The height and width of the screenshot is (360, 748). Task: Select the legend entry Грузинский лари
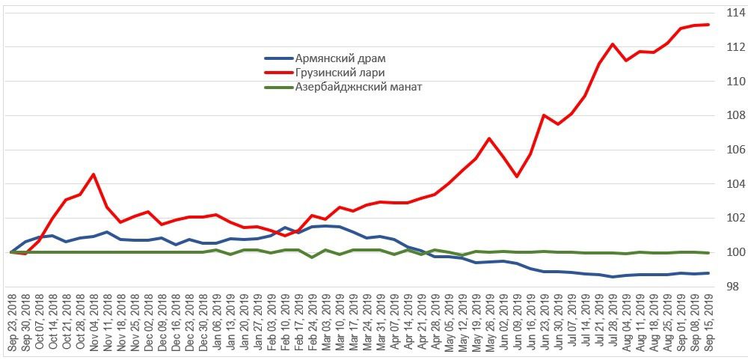coord(333,73)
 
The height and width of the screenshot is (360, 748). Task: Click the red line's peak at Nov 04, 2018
coord(93,174)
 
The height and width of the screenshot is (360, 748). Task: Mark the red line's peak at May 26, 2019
coord(489,138)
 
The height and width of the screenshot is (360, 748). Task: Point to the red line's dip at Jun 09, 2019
coord(517,177)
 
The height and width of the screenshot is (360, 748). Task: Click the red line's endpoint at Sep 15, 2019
coord(708,25)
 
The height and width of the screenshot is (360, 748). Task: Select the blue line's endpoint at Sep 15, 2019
coord(708,273)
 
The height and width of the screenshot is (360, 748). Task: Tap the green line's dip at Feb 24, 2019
coord(312,257)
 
